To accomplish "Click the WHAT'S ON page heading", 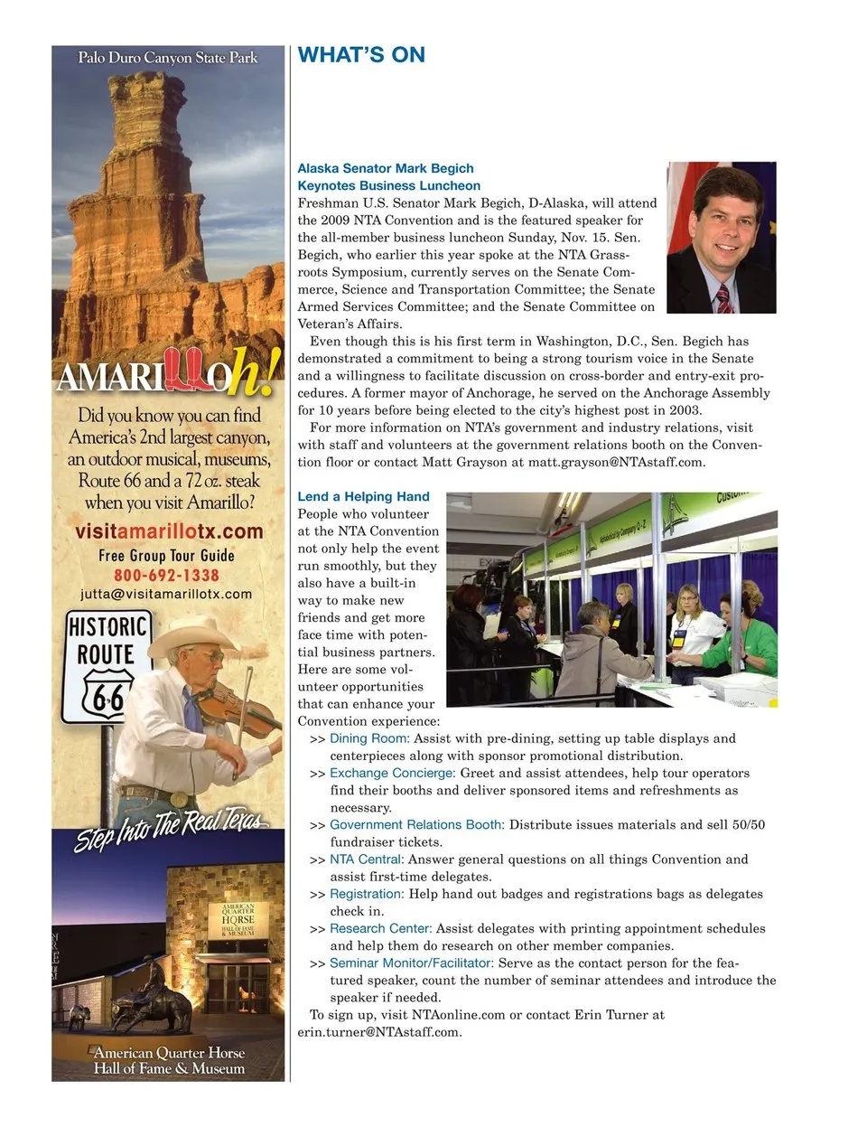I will (361, 55).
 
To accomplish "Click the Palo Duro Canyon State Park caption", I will (168, 58).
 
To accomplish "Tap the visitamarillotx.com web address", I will (169, 531).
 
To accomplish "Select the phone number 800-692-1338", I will (166, 575).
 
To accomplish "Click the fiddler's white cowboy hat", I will (191, 633).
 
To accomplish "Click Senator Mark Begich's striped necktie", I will (724, 297).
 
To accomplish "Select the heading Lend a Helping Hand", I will (363, 496).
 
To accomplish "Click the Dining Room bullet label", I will (368, 738).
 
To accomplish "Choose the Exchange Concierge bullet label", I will (392, 773).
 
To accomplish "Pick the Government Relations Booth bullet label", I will (416, 824).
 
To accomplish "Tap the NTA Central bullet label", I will (366, 859).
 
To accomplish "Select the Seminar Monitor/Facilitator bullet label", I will (412, 963).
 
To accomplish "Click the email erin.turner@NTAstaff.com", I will (379, 1031).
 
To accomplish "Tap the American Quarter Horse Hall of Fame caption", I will (169, 1060).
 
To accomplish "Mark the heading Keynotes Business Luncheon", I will (388, 185).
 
